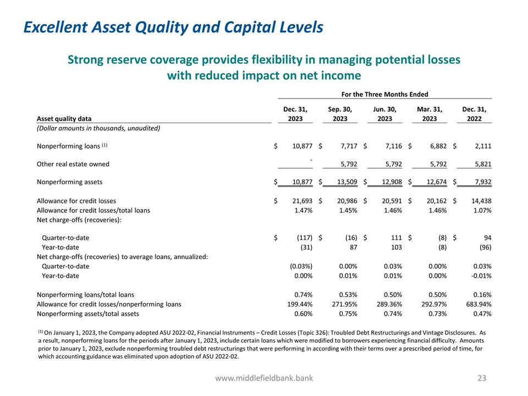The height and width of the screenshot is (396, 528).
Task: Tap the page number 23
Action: (482, 378)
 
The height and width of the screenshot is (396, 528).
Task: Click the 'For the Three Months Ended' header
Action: (385, 95)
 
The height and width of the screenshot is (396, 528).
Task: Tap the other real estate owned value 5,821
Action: (481, 164)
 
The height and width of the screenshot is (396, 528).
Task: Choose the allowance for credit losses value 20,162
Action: (436, 201)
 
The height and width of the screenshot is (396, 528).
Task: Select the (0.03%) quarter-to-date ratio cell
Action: (301, 266)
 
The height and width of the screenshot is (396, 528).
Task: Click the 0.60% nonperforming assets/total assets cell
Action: (304, 313)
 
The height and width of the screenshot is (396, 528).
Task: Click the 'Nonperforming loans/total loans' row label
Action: (85, 295)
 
